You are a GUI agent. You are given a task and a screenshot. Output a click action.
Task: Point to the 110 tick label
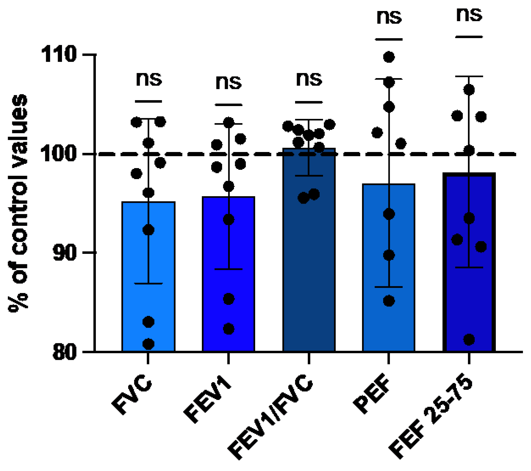[59, 54]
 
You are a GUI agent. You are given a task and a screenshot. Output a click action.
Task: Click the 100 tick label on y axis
[59, 154]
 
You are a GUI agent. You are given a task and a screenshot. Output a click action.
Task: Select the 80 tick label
[64, 351]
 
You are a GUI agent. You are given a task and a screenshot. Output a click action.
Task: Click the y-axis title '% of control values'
[18, 203]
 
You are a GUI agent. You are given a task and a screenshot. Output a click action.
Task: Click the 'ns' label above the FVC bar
[149, 79]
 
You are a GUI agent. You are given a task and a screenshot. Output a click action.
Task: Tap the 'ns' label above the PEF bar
[389, 17]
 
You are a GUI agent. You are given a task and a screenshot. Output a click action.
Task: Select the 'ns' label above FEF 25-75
[469, 15]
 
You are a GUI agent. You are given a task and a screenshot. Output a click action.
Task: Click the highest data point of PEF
[389, 57]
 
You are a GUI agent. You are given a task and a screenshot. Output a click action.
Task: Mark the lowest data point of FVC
[148, 344]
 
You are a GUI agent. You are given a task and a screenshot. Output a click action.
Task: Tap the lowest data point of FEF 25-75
[469, 339]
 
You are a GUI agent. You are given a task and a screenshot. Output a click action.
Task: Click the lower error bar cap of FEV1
[228, 269]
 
